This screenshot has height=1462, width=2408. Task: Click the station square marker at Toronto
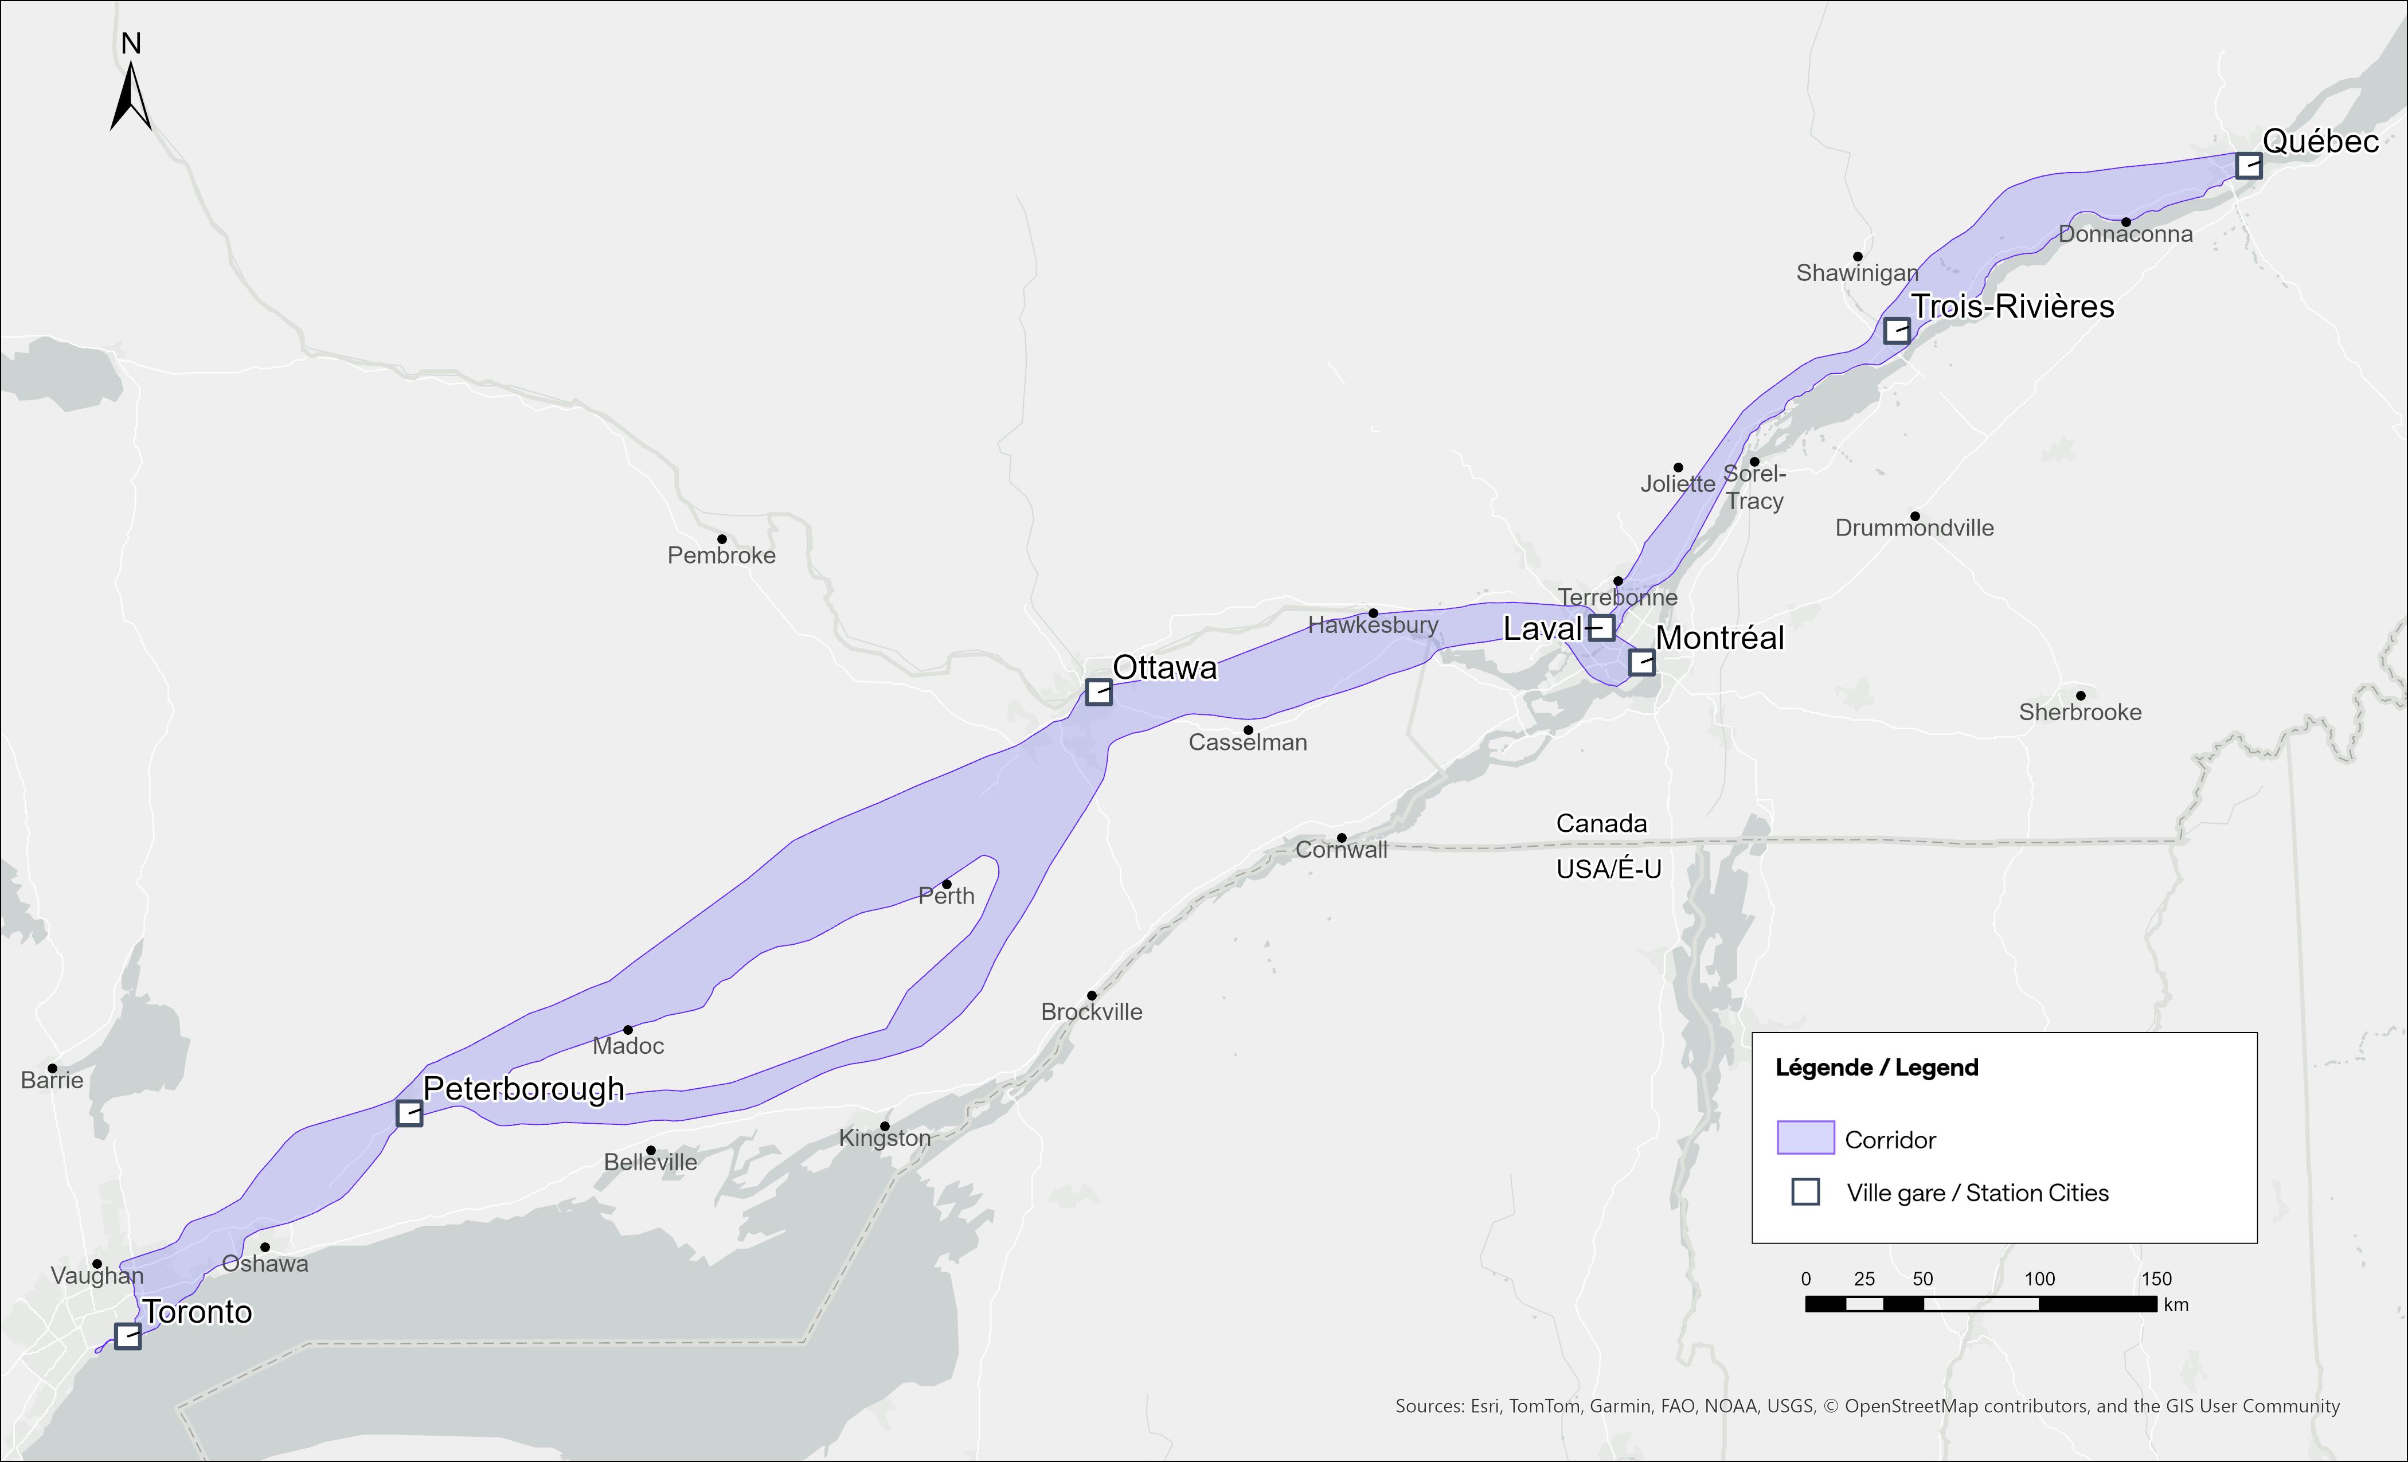[x=128, y=1336]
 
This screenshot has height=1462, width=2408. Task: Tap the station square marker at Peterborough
[x=409, y=1113]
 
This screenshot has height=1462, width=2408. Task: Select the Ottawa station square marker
[x=1099, y=693]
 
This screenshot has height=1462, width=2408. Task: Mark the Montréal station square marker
[x=1642, y=663]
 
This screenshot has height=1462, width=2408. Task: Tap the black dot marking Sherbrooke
[x=2081, y=695]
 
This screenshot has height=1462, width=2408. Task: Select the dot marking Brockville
[x=1092, y=995]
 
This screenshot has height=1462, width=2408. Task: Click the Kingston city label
[x=885, y=1139]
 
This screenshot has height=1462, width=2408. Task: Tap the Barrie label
[x=52, y=1081]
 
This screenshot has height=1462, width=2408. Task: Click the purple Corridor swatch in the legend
[x=1805, y=1139]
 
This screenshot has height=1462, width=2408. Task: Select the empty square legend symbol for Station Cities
[x=1805, y=1193]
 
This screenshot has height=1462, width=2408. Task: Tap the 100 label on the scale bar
[x=2039, y=1279]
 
